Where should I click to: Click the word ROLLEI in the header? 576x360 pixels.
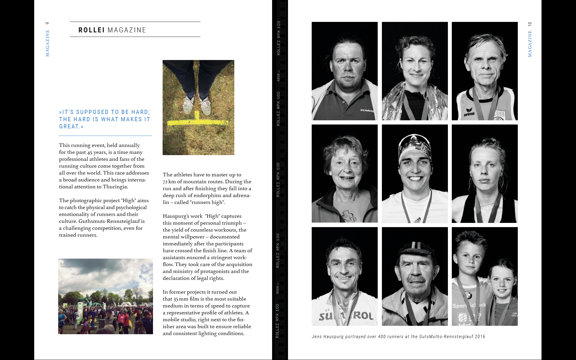[x=91, y=30]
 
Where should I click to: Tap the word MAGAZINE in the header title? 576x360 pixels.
[x=127, y=30]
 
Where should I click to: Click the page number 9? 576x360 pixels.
[x=47, y=23]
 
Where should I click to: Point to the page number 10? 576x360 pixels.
[x=530, y=24]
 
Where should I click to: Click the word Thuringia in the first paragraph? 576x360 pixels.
[x=115, y=187]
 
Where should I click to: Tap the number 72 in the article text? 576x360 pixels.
[x=165, y=182]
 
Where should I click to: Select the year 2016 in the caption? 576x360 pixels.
[x=480, y=337]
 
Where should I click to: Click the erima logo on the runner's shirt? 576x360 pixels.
[x=469, y=112]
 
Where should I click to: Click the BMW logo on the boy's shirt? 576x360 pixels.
[x=469, y=295]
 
